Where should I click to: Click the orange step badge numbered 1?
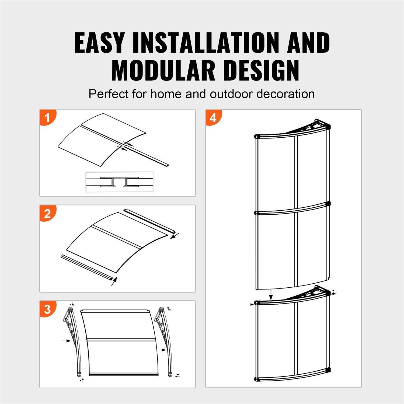[48, 117]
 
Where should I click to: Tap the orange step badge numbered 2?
[48, 213]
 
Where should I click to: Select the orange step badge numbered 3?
[48, 309]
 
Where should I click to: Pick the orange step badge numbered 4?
[213, 118]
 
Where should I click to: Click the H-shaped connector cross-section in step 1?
[119, 182]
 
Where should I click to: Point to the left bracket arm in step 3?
[71, 339]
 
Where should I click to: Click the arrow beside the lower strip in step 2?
[114, 282]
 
